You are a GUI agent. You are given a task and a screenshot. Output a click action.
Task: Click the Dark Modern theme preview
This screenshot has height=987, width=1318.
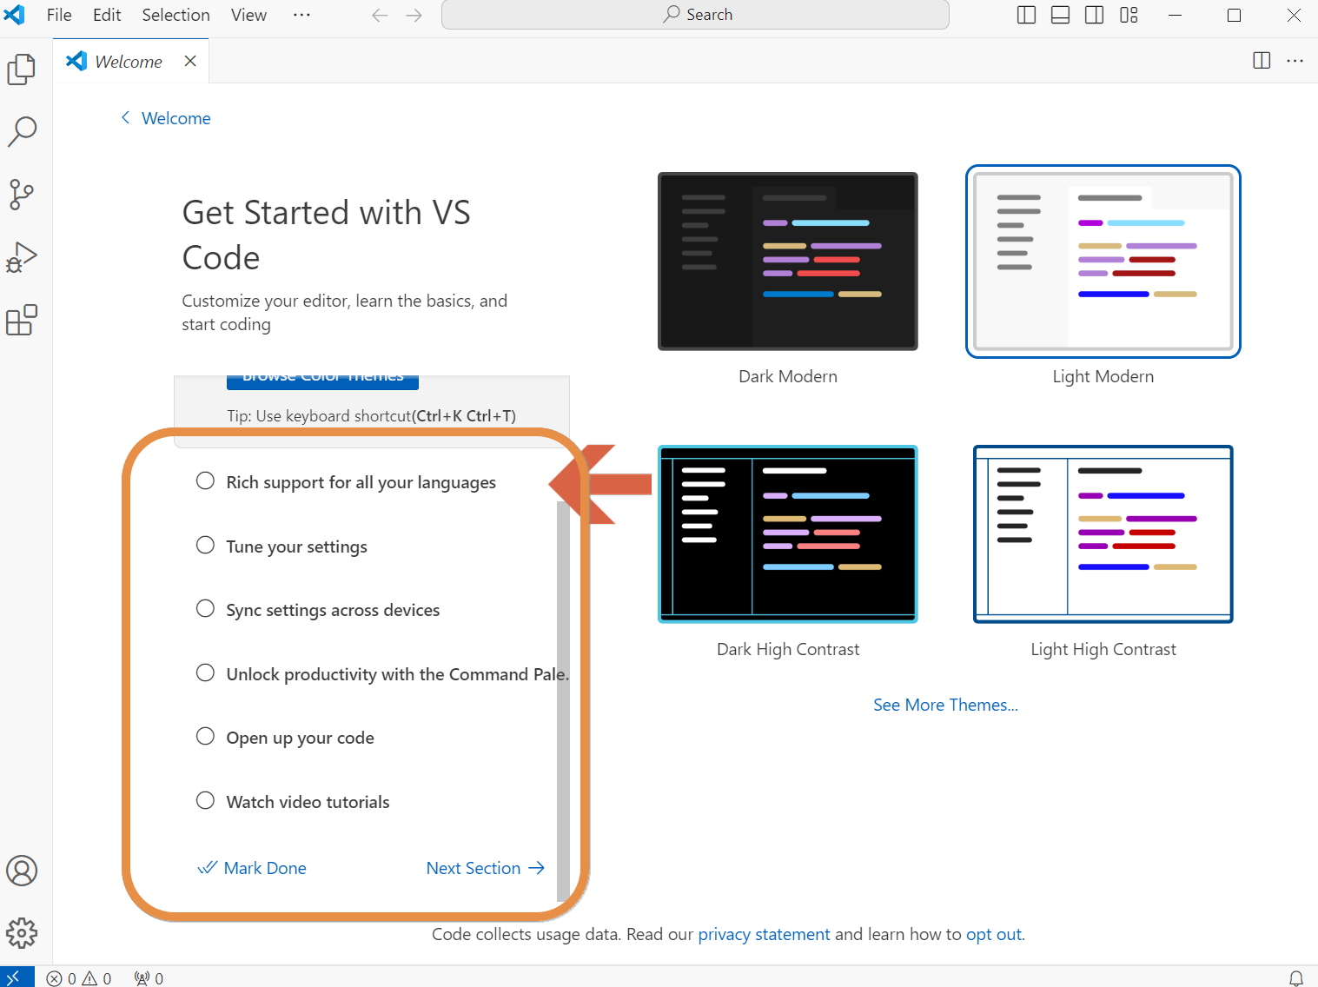point(787,262)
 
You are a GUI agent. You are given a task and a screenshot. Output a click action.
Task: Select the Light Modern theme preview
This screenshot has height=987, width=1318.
point(1103,262)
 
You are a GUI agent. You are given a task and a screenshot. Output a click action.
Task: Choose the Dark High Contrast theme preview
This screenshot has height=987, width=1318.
point(787,534)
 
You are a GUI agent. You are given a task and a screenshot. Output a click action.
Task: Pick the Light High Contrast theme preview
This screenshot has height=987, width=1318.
point(1103,534)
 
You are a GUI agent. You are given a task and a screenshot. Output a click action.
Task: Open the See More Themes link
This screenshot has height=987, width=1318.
point(945,705)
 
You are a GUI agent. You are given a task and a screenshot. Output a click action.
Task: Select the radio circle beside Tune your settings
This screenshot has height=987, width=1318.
point(205,545)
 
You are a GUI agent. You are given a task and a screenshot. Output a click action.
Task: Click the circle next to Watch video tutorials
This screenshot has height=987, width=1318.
point(205,800)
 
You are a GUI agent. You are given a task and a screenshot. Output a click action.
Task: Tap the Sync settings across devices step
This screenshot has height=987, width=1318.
point(333,610)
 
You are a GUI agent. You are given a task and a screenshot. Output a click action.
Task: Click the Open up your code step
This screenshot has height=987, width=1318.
point(300,738)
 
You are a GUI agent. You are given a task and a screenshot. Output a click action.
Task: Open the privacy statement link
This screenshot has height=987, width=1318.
point(764,934)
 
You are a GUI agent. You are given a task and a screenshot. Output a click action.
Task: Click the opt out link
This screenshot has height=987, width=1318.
point(994,934)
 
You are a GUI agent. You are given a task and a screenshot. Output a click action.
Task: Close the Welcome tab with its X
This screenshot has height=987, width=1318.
point(190,61)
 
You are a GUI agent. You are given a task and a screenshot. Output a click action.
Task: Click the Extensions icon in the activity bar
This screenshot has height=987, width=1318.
point(22,320)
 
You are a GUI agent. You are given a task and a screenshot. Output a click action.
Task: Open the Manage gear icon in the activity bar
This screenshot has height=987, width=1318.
point(22,933)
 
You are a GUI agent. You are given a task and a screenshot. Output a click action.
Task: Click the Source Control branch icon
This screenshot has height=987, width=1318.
point(22,194)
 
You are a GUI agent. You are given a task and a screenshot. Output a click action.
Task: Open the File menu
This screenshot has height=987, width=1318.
point(59,15)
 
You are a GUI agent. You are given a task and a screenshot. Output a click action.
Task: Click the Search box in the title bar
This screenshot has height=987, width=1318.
point(695,15)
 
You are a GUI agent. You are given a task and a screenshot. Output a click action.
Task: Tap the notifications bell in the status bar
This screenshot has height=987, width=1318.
point(1295,978)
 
